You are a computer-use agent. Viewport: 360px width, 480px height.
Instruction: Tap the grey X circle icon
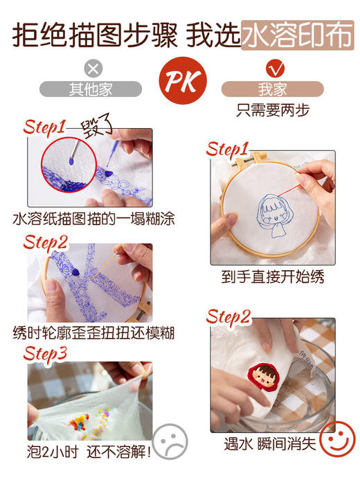tap(93, 68)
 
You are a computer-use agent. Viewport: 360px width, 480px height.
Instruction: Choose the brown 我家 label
tap(272, 89)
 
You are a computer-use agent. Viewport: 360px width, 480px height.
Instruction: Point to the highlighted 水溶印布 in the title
tap(297, 33)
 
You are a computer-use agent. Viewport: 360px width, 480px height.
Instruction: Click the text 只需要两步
tap(273, 110)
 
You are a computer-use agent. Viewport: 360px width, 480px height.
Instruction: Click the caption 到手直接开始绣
tap(273, 277)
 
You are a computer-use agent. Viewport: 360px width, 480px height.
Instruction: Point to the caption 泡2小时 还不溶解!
tap(82, 453)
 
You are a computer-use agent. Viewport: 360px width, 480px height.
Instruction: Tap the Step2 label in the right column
tap(228, 317)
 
